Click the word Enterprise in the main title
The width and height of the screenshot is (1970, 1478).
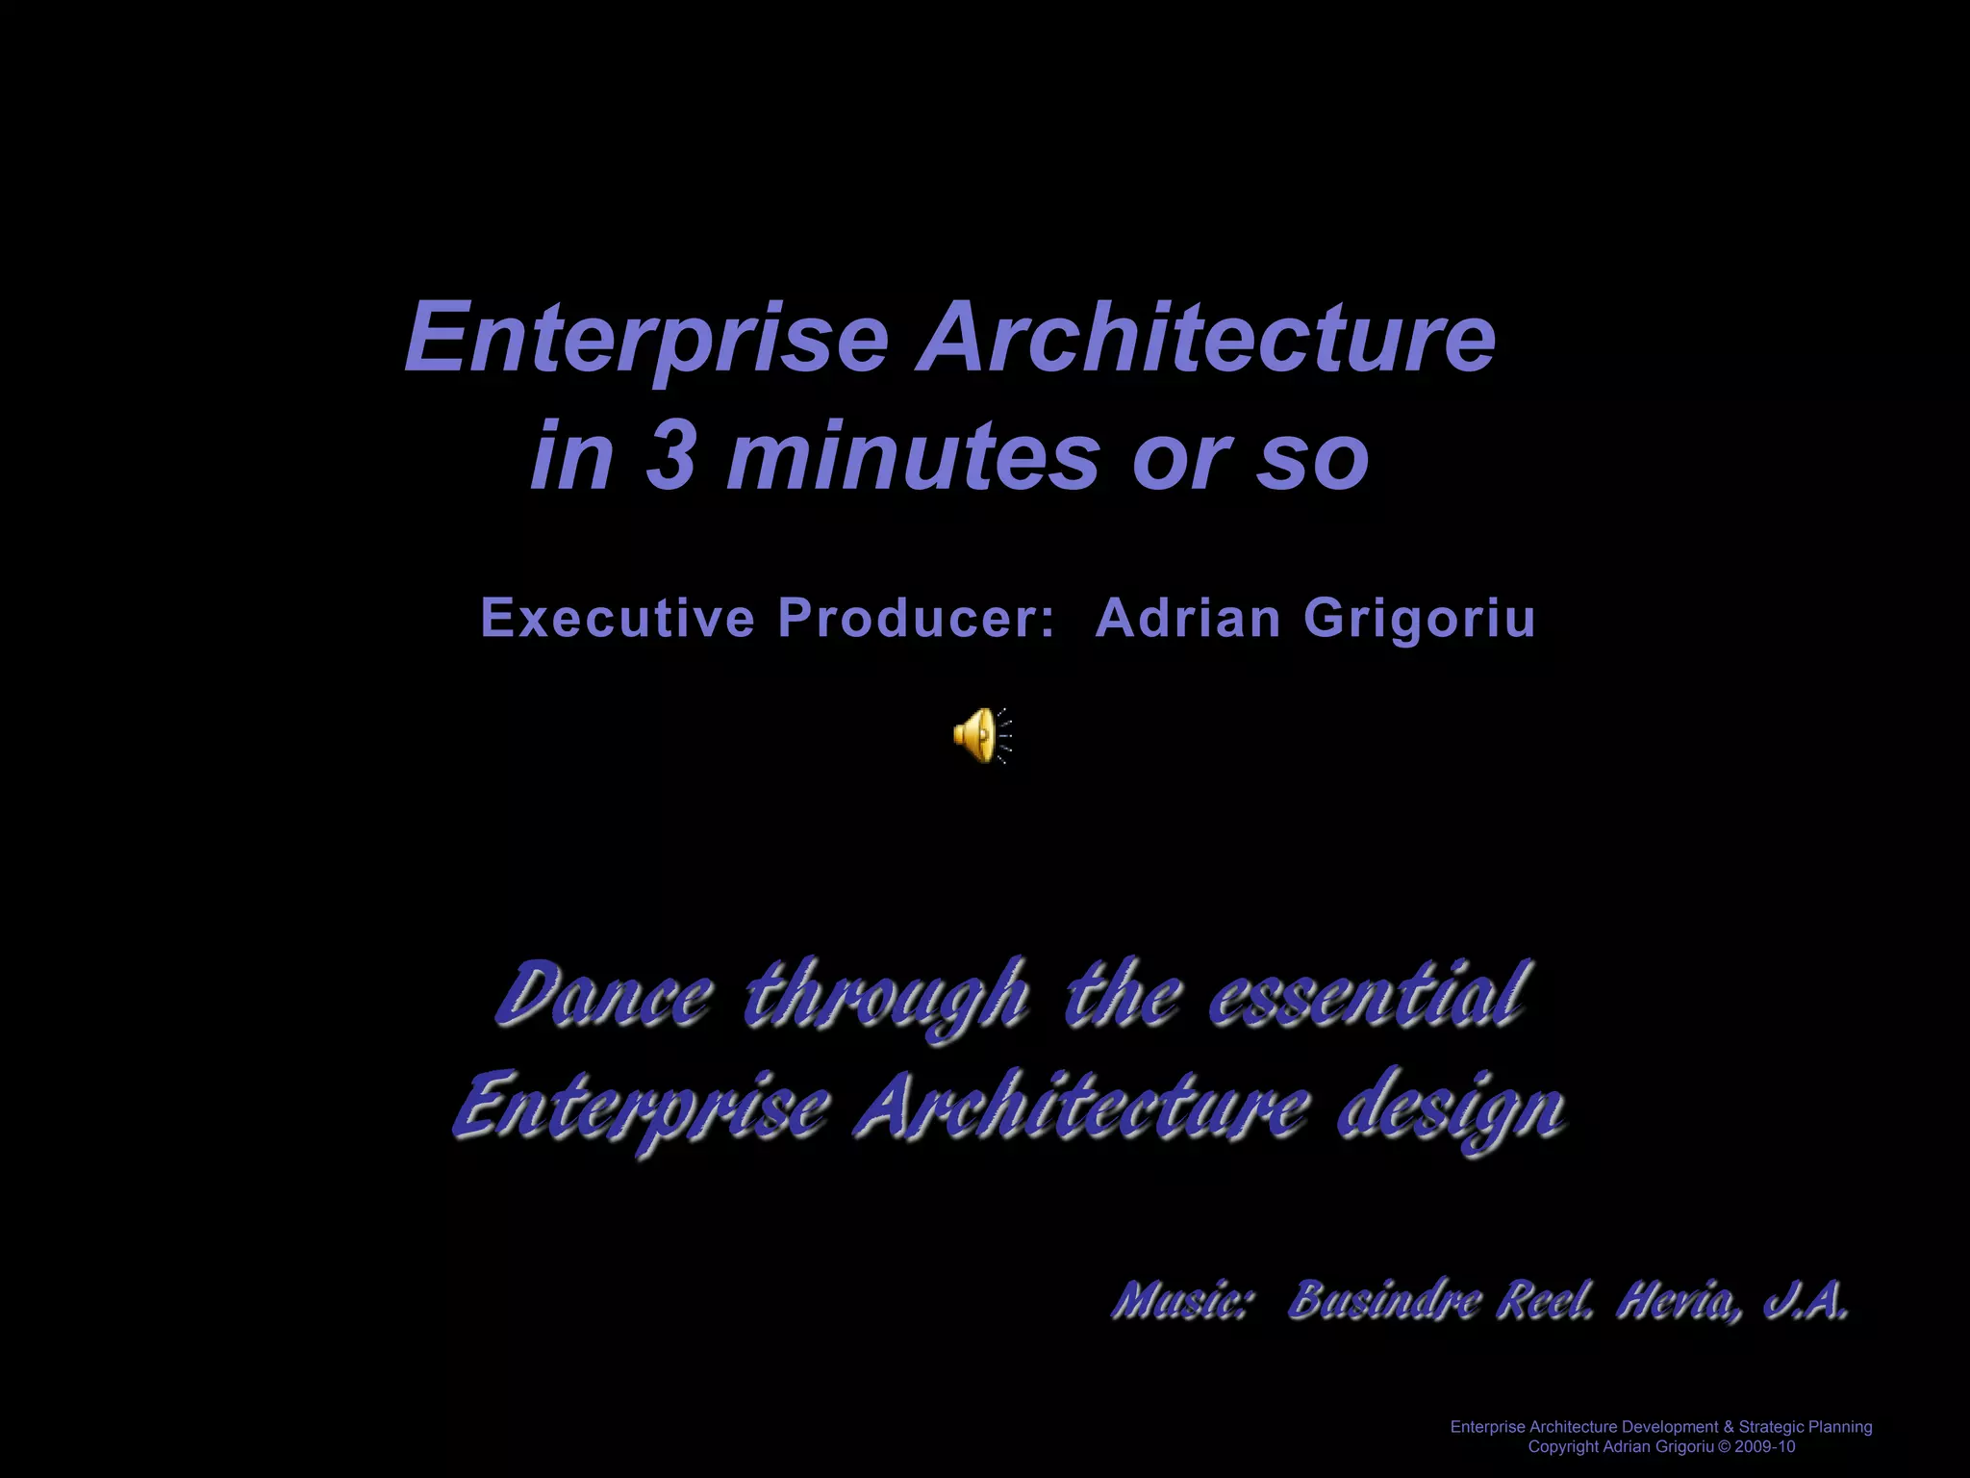point(646,339)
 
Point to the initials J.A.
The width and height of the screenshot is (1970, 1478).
point(1806,1302)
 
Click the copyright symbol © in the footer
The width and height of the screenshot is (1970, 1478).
point(1723,1447)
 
